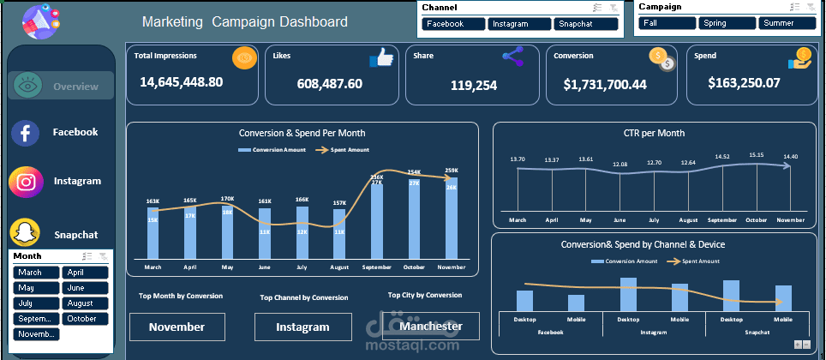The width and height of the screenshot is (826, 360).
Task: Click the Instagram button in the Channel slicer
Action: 520,24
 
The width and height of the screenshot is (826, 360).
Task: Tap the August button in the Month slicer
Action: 85,303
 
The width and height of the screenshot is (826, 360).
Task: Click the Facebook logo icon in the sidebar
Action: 26,133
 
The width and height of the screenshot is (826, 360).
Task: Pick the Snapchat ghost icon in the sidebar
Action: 26,233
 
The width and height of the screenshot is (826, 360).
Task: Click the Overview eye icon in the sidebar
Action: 27,87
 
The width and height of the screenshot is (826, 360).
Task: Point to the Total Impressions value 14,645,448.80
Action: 181,82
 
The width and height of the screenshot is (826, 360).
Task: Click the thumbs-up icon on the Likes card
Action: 380,58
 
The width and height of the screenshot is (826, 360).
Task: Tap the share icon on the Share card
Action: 512,57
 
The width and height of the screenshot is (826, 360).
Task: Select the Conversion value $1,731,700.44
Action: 605,85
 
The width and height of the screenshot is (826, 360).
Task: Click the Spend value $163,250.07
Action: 745,83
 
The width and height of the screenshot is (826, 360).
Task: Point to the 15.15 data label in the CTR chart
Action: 756,155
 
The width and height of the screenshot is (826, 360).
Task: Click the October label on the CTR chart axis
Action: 756,219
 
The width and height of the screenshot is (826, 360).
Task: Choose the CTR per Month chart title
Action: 654,133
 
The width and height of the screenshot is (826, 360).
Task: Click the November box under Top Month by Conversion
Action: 177,327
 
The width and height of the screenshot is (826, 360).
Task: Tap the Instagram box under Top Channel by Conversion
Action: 302,327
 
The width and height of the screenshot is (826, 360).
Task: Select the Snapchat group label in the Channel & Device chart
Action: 757,332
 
